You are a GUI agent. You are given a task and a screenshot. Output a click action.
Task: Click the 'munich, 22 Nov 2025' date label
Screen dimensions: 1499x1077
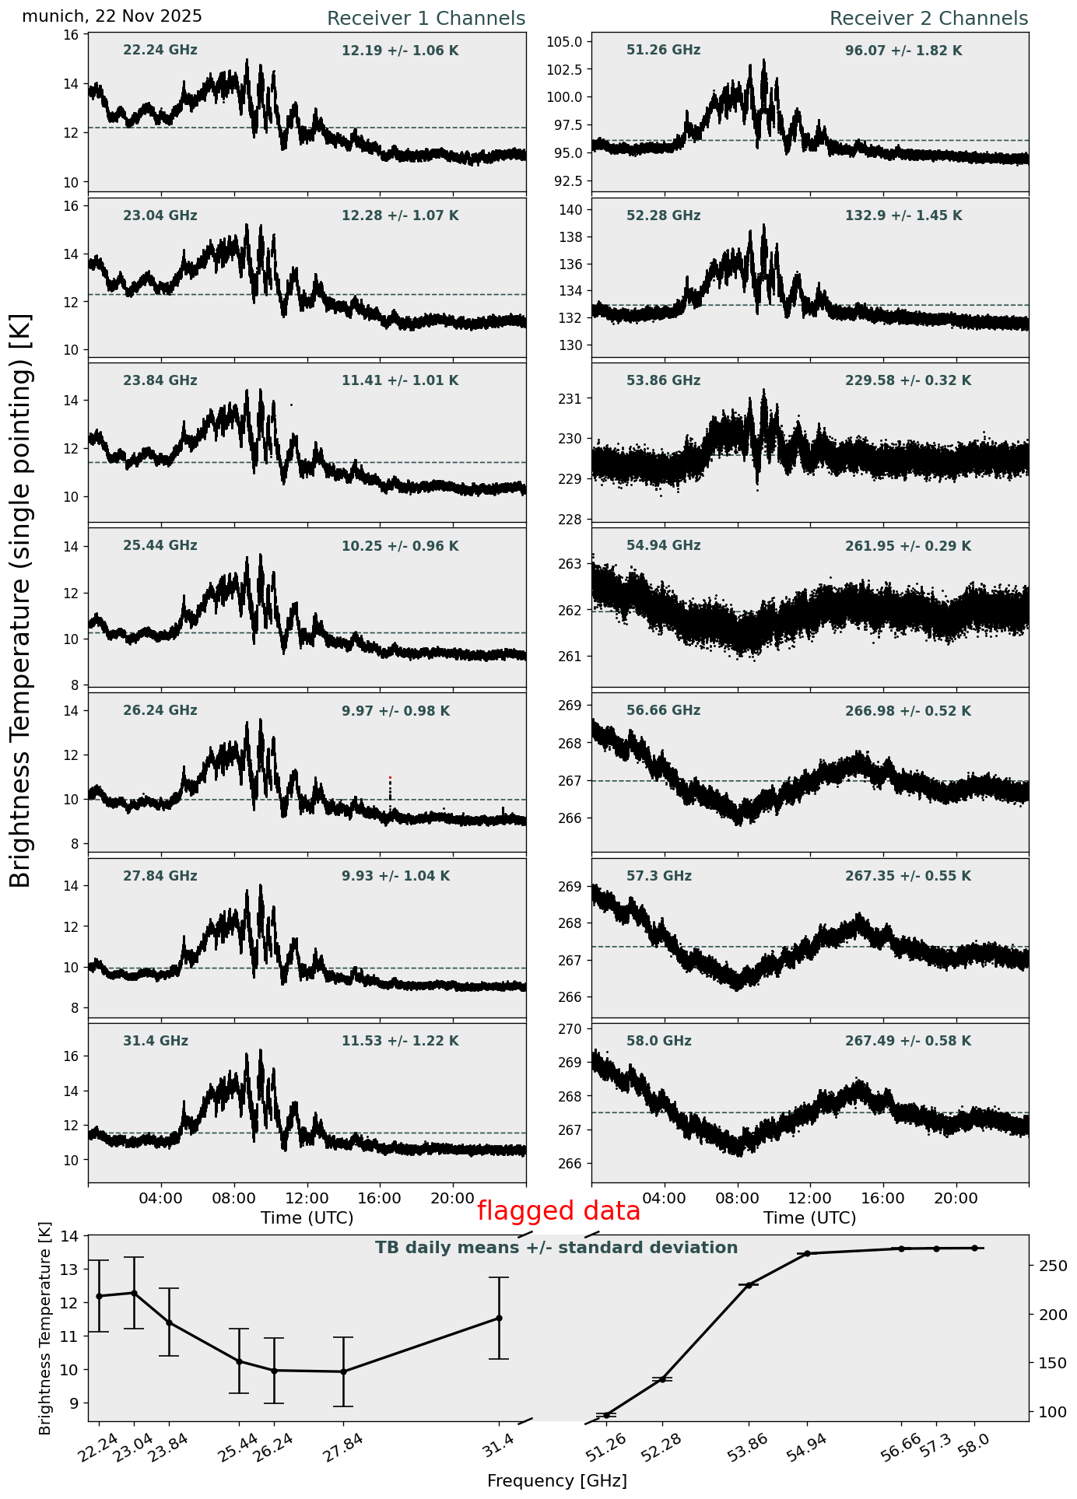tap(112, 16)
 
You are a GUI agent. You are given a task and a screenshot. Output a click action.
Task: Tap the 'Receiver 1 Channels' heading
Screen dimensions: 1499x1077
tap(426, 19)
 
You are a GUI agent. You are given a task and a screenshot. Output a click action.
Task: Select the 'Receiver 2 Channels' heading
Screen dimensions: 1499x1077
tap(928, 19)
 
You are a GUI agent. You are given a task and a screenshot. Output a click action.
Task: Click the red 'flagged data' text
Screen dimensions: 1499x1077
tap(558, 1211)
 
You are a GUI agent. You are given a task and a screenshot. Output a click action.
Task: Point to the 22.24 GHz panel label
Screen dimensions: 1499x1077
tap(160, 51)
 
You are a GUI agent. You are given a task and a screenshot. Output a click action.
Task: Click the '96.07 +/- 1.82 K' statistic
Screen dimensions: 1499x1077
tap(903, 51)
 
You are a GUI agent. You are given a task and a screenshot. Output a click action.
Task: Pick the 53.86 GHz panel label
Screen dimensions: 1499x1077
tap(663, 381)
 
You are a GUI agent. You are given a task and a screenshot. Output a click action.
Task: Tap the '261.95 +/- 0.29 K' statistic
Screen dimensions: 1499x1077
tap(908, 547)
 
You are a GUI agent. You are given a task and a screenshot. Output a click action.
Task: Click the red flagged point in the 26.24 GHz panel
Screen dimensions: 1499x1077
tap(390, 778)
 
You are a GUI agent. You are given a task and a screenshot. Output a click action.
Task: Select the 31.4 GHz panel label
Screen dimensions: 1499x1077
tap(156, 1042)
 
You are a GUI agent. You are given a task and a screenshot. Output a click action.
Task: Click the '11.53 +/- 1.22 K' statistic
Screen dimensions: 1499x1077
tap(400, 1042)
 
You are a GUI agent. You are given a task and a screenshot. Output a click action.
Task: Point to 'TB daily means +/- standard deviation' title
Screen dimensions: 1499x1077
tap(556, 1249)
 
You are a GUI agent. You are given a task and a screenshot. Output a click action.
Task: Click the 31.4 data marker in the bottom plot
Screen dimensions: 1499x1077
tap(499, 1318)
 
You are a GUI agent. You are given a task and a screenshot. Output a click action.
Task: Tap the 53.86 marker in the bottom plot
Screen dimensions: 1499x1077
tap(749, 1285)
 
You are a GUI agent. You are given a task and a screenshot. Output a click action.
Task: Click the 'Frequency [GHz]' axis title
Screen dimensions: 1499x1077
tap(556, 1481)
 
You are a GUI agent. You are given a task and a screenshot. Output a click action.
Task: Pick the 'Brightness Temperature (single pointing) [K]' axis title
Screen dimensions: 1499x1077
tap(22, 600)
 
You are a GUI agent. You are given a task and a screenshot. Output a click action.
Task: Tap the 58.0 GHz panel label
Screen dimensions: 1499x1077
tap(658, 1042)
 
